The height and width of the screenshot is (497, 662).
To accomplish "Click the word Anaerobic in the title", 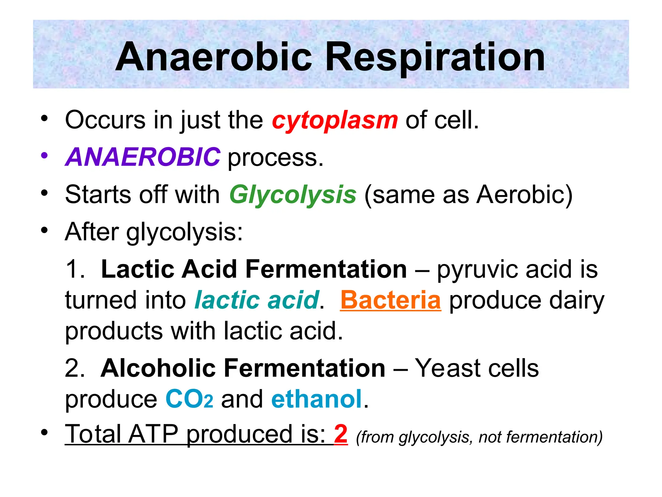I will (x=213, y=57).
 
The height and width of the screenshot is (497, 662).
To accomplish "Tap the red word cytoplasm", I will (x=335, y=120).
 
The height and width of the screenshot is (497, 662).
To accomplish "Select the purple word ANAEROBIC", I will (x=143, y=157).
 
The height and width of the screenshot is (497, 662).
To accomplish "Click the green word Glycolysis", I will (x=293, y=195).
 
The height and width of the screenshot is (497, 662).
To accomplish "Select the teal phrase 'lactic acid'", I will (x=257, y=300).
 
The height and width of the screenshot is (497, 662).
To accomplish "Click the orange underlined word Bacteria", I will (x=390, y=300).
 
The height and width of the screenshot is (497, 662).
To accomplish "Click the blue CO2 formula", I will (x=189, y=399).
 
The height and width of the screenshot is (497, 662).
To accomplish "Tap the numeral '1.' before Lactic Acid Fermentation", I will (x=75, y=269).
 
